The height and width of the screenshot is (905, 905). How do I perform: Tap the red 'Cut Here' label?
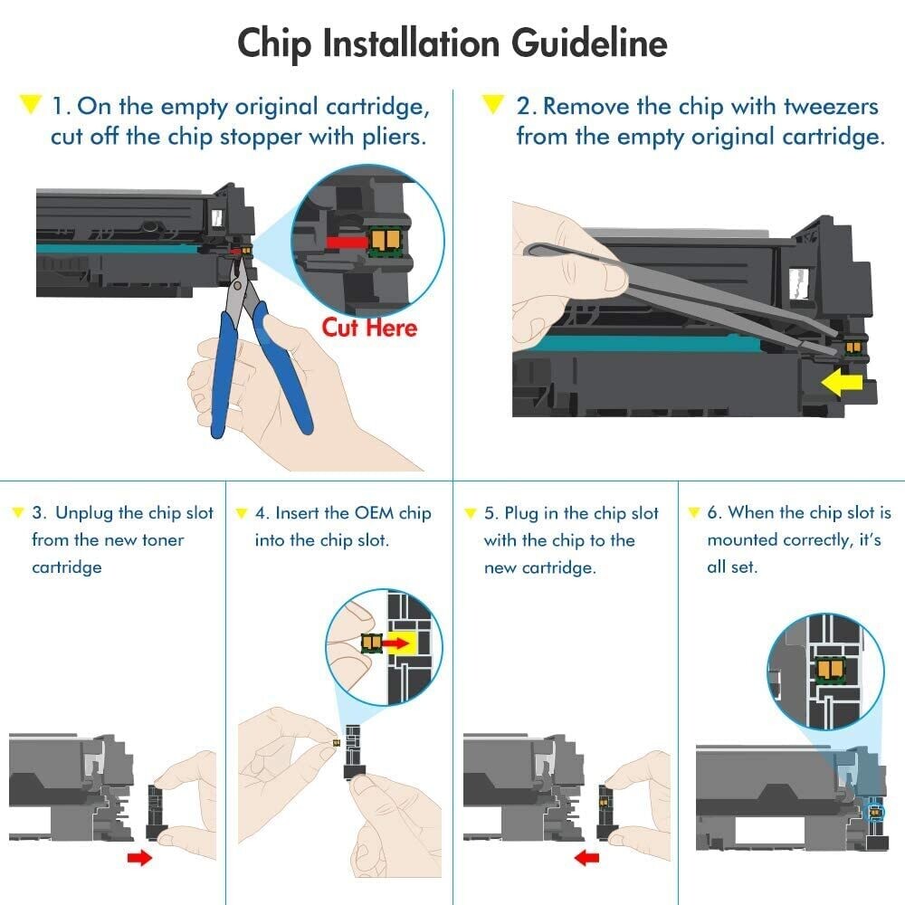[369, 327]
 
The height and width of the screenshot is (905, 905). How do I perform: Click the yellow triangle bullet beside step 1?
[30, 105]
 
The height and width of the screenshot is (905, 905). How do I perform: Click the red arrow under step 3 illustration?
[139, 857]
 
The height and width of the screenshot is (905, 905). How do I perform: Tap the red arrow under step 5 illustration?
[589, 857]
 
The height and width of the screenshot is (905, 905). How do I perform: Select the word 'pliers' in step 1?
[395, 138]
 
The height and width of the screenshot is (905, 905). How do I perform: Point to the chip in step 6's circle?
[828, 669]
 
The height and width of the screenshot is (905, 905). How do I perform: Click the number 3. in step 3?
[40, 513]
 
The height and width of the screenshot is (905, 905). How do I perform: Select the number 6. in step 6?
[714, 513]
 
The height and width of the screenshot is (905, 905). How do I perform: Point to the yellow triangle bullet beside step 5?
[471, 513]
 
